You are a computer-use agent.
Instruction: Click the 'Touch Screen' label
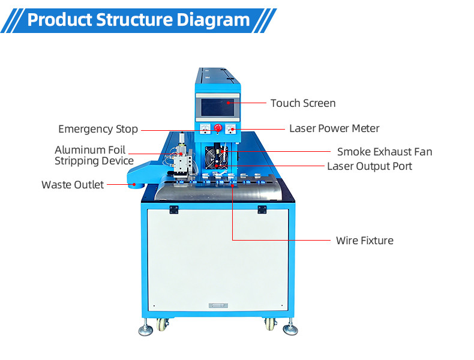click(302, 103)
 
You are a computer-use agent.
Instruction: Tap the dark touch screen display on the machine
click(218, 108)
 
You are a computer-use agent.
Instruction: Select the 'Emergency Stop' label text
click(98, 129)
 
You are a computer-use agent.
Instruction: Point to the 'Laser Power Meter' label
click(334, 128)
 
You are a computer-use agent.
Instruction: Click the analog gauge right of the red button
click(231, 128)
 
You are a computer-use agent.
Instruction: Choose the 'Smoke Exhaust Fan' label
click(384, 152)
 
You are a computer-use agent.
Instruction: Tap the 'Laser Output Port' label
click(369, 166)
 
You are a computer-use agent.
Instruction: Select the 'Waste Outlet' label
click(73, 184)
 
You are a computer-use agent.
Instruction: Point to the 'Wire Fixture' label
click(364, 241)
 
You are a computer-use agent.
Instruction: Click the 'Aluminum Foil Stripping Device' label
click(94, 155)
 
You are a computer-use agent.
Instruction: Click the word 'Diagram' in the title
click(213, 20)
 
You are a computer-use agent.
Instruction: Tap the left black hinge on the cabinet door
click(174, 209)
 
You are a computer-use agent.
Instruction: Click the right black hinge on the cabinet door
click(262, 209)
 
